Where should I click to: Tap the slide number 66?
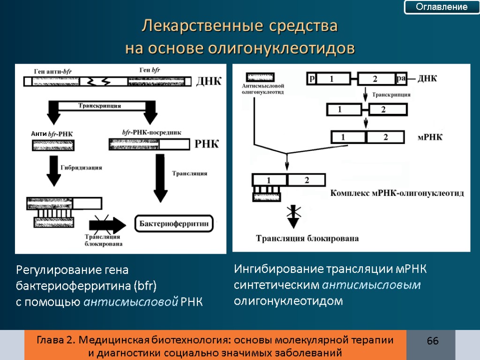point(433,341)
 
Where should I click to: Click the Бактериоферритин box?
point(174,224)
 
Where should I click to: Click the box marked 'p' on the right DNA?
point(312,79)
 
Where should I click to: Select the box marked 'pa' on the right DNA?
point(401,79)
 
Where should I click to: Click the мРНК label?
point(430,138)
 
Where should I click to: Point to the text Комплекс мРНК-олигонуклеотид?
point(397,193)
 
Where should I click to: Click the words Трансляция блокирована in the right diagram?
point(307,238)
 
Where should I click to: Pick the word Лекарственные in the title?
point(201,26)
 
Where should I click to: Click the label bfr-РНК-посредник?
point(151,132)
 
